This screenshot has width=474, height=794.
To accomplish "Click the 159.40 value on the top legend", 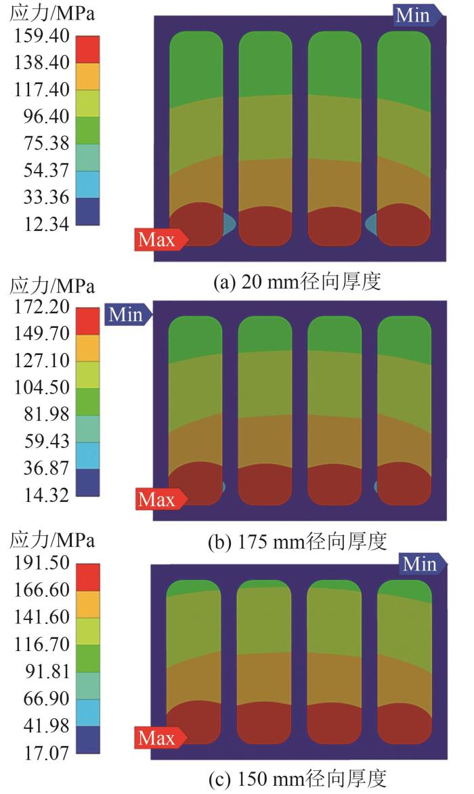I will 41,35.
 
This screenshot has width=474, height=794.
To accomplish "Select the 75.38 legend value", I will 41,144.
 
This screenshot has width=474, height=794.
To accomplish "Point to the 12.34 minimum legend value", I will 41,224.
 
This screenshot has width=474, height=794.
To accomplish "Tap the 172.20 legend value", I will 41,306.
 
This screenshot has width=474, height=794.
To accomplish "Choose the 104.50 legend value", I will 41,388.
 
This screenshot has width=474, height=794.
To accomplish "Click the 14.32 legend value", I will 41,495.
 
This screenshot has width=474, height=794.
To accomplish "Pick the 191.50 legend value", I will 41,563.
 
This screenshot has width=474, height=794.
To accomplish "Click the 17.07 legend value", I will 41,753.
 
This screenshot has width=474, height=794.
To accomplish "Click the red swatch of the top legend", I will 87,49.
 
